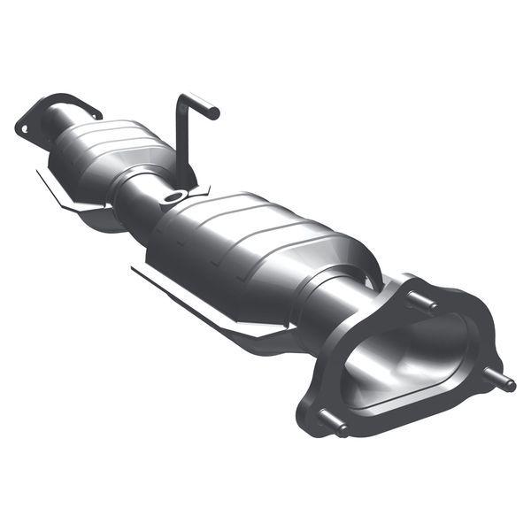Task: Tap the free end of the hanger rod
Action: [212, 112]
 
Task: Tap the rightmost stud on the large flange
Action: [503, 381]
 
